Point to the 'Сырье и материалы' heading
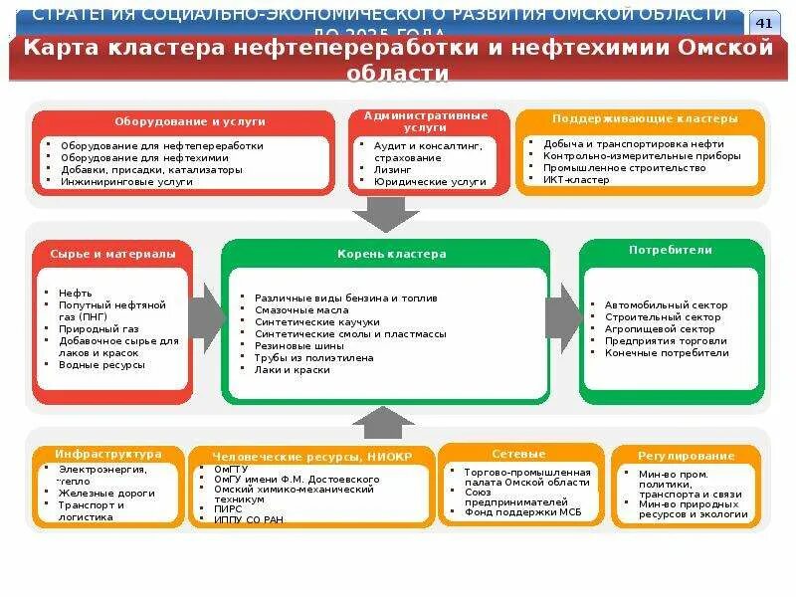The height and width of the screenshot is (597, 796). click(113, 254)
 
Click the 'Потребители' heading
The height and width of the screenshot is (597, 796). click(671, 251)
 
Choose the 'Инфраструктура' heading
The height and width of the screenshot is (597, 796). click(108, 453)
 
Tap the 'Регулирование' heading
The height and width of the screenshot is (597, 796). click(687, 456)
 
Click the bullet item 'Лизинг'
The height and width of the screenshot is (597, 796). click(393, 170)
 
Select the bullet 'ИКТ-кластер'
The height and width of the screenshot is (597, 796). click(576, 180)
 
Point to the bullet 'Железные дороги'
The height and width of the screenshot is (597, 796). click(106, 493)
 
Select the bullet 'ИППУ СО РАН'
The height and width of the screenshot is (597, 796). click(249, 518)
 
